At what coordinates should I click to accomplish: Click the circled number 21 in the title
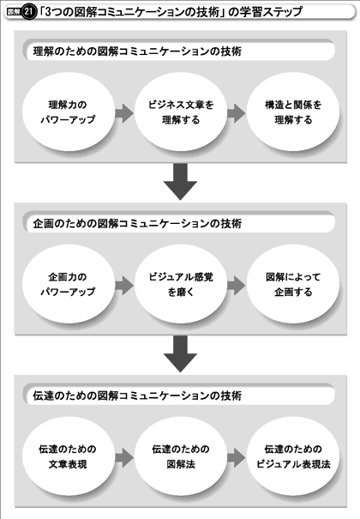coord(29,13)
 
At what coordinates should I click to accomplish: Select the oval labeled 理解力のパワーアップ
coord(68,112)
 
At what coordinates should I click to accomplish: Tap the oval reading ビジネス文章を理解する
coord(181,112)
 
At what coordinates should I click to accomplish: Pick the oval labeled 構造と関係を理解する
coord(293,112)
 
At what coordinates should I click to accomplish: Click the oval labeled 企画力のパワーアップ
coord(68,284)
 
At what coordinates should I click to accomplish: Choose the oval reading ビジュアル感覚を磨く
coord(181,284)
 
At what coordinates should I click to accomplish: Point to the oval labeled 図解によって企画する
coord(293,284)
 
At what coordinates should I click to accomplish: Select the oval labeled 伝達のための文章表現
coord(68,456)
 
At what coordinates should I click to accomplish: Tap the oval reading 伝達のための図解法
coord(181,456)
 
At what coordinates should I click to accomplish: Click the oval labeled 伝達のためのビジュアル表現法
coord(293,456)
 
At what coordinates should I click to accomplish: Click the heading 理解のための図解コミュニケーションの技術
coord(137,51)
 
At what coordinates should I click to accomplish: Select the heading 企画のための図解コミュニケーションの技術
coord(137,224)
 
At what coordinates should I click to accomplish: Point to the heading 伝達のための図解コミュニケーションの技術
coord(137,395)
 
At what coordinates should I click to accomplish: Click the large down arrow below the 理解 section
coord(181,181)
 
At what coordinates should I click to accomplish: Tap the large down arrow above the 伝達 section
coord(181,353)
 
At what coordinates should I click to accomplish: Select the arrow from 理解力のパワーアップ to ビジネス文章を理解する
coord(124,113)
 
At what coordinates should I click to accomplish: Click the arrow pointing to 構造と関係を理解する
coord(237,113)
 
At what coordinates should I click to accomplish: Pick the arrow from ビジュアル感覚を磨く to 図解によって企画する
coord(237,286)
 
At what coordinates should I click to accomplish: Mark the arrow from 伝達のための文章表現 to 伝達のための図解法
coord(124,458)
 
